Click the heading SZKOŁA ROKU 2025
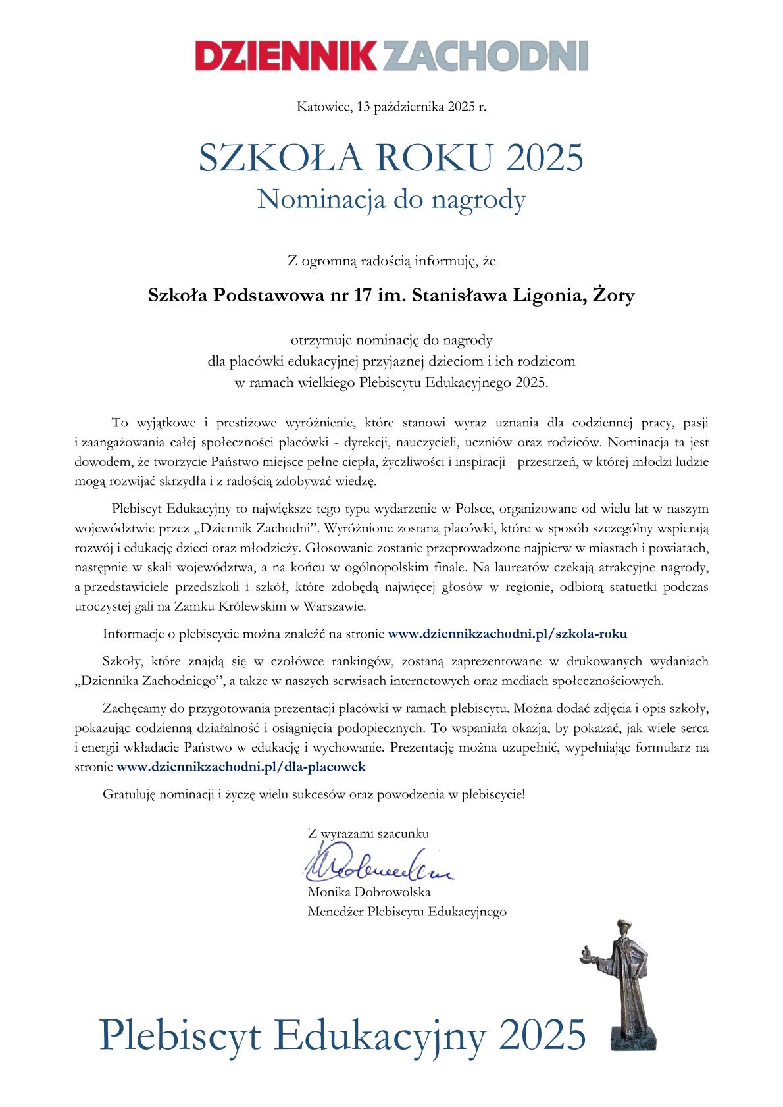pyautogui.click(x=391, y=159)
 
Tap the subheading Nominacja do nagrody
pyautogui.click(x=391, y=199)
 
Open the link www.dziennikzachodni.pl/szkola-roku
pyautogui.click(x=507, y=634)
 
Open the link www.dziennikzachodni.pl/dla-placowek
pyautogui.click(x=241, y=767)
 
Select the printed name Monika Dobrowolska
pyautogui.click(x=368, y=893)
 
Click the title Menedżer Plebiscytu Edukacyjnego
pyautogui.click(x=407, y=912)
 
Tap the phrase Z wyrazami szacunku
pyautogui.click(x=368, y=833)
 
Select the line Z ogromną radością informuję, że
pyautogui.click(x=391, y=261)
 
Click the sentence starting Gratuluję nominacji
pyautogui.click(x=314, y=794)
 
